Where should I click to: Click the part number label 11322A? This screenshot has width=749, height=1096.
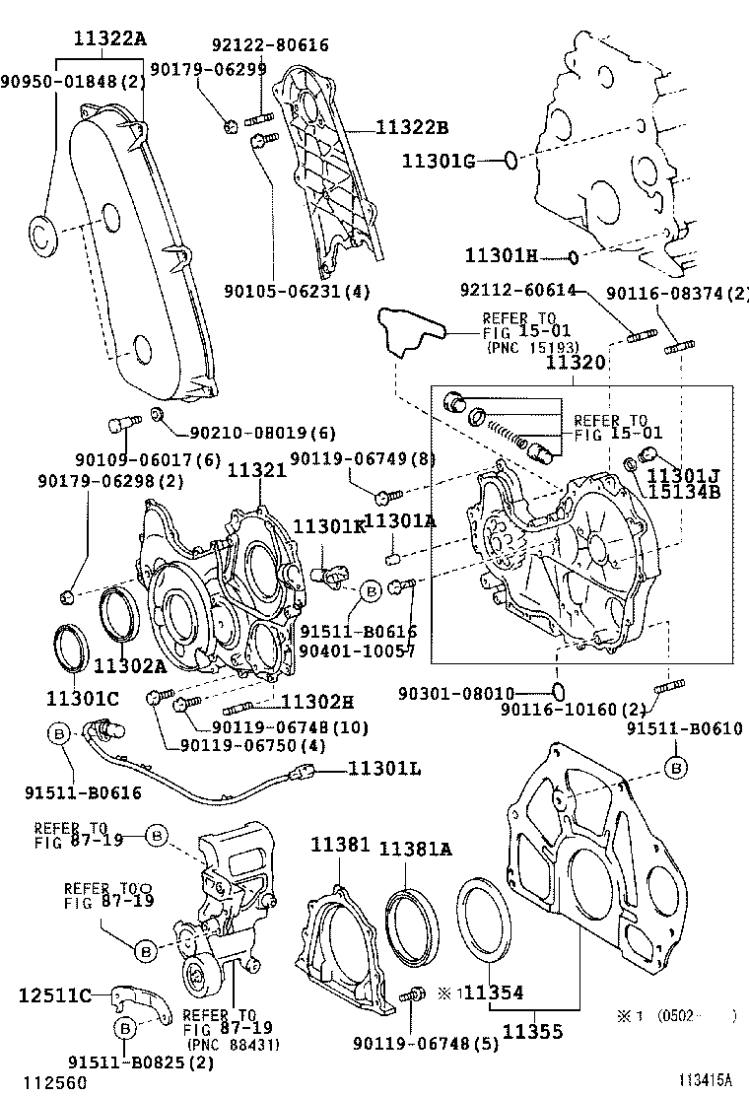[x=109, y=39]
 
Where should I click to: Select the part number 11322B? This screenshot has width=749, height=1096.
[x=411, y=127]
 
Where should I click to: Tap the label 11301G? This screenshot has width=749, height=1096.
[x=439, y=161]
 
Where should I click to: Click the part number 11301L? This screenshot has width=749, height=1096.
[x=382, y=769]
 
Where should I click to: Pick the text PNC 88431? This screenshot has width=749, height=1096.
[x=231, y=1044]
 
